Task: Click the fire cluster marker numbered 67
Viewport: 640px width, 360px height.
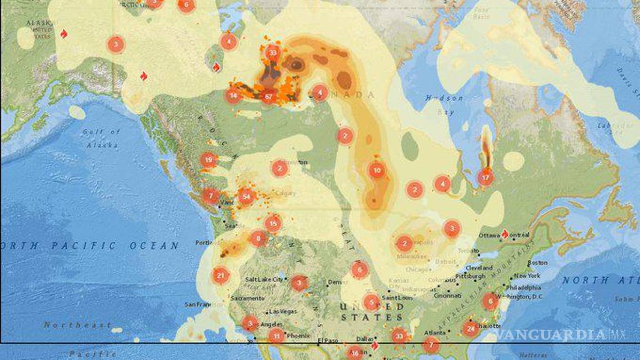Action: [x=268, y=97]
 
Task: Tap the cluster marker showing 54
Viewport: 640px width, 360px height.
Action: [x=246, y=196]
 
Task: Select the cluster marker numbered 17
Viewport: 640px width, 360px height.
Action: [x=486, y=178]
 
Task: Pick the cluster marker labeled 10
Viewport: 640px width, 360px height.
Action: [x=377, y=171]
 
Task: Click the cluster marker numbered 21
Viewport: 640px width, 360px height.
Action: [x=221, y=275]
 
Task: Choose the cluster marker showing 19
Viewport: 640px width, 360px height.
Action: [x=208, y=161]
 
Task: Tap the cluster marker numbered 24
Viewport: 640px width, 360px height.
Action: [x=471, y=328]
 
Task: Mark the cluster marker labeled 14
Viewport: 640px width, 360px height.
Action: [x=233, y=96]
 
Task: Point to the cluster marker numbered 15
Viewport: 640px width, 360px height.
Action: [x=272, y=223]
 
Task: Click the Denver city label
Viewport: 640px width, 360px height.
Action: [x=338, y=282]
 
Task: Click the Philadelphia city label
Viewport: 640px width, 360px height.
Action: [x=523, y=288]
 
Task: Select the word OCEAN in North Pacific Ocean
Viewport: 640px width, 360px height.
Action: [x=158, y=246]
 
